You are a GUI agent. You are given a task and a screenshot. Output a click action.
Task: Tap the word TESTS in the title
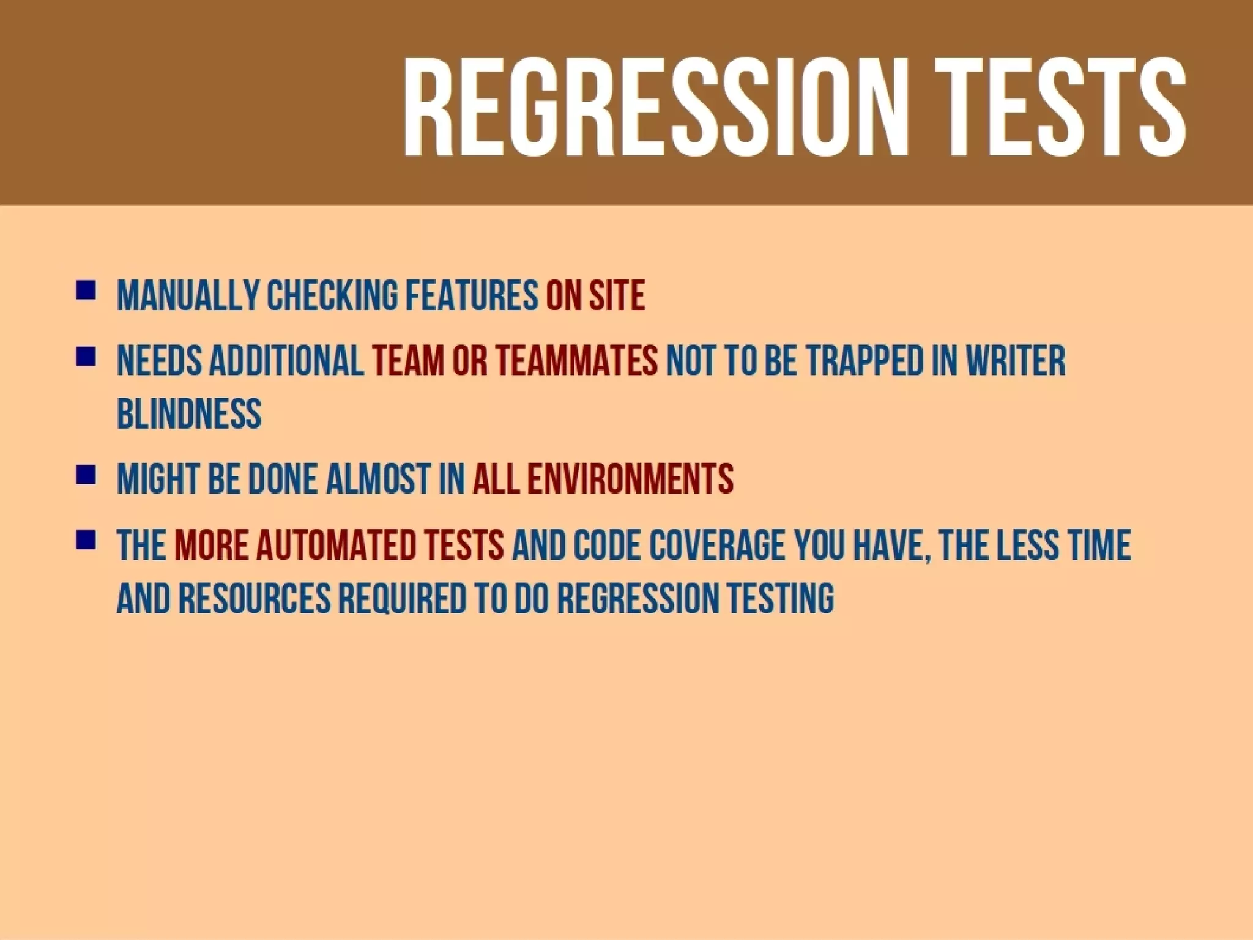1062,108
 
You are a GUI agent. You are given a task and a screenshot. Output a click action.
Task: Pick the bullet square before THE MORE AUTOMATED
86,540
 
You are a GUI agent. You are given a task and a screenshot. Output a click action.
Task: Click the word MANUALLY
188,296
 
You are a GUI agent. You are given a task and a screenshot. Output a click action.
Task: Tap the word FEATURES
472,296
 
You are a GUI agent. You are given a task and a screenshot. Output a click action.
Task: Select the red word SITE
617,296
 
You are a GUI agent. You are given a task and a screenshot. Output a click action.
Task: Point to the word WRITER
1016,361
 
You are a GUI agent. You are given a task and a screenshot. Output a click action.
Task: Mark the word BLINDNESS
189,414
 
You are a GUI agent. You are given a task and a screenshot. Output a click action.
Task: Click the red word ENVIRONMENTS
630,479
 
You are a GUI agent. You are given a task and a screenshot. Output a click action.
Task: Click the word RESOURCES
255,598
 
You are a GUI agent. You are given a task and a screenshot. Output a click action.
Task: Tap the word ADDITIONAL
286,361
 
